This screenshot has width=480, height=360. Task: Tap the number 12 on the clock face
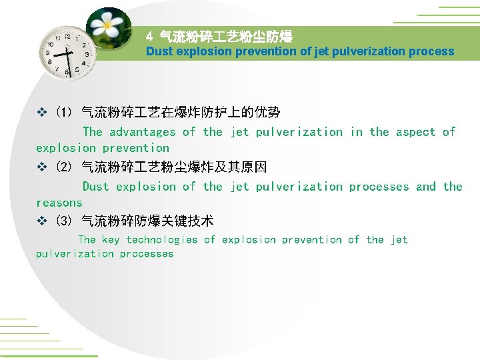(x=67, y=37)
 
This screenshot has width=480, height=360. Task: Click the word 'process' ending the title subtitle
(x=433, y=51)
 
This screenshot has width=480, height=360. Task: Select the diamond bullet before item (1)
(x=42, y=113)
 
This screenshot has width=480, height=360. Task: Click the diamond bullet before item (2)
(x=42, y=167)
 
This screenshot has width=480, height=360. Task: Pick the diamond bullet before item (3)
(x=42, y=221)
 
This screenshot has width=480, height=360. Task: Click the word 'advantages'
(x=142, y=132)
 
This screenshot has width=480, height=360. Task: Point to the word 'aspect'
(x=415, y=132)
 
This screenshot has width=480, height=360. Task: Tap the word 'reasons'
(x=59, y=203)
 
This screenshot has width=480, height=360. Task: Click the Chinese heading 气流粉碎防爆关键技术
(x=147, y=221)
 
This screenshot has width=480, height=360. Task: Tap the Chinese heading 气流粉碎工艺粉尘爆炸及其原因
(x=173, y=167)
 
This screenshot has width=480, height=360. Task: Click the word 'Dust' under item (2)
(x=95, y=187)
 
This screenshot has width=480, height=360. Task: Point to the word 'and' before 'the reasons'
(x=425, y=187)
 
